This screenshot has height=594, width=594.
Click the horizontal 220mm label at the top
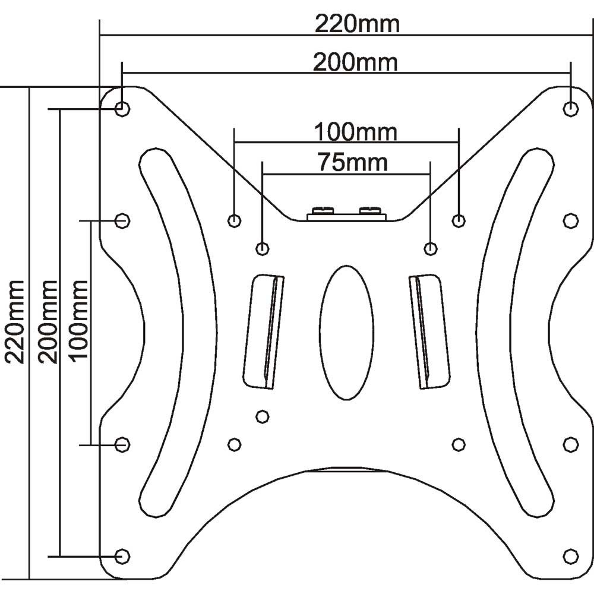(357, 24)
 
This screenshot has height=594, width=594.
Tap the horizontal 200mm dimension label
(355, 62)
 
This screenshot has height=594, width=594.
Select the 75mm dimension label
(353, 162)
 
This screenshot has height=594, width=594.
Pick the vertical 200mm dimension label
(48, 322)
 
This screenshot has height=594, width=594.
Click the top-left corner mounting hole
(122, 109)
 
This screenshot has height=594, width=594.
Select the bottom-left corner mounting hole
(122, 556)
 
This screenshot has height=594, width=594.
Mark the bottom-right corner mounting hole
(570, 556)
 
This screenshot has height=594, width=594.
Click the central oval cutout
(347, 332)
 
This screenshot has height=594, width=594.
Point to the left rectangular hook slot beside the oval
(263, 331)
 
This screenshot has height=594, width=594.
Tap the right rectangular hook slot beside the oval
(429, 331)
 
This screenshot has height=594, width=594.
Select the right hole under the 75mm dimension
(430, 248)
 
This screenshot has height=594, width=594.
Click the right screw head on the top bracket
(369, 210)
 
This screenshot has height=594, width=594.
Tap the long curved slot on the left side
(178, 332)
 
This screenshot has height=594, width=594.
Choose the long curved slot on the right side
(514, 332)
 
